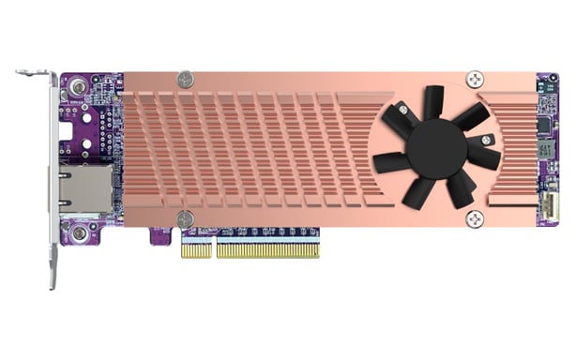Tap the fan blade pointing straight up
coord(433,100)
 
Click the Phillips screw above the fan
coord(476,80)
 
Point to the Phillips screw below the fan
coord(475,218)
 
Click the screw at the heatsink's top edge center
coord(186,80)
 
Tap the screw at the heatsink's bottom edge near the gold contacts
coord(186,219)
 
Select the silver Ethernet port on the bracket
coord(85,190)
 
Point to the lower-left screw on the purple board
coord(80,231)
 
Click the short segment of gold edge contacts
coord(196,250)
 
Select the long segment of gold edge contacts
coord(267,250)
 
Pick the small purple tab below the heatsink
coord(159,236)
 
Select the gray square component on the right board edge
coord(547,150)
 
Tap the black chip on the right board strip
coord(545,124)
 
